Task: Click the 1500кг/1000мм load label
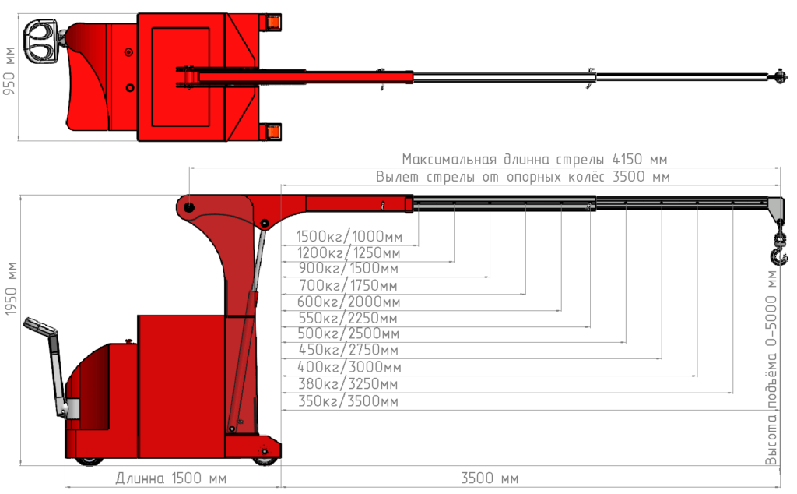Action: pyautogui.click(x=349, y=237)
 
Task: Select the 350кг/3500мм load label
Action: pyautogui.click(x=348, y=401)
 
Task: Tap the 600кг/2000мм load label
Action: pyautogui.click(x=349, y=302)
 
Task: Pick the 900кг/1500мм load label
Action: pyautogui.click(x=348, y=269)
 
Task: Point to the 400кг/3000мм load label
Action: pyautogui.click(x=349, y=367)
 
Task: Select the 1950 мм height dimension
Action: pyautogui.click(x=11, y=289)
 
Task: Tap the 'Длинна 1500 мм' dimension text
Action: pyautogui.click(x=170, y=478)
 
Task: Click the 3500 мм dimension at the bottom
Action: pyautogui.click(x=490, y=478)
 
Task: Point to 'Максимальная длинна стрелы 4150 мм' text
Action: pyautogui.click(x=535, y=159)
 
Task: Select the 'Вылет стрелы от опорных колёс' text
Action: pyautogui.click(x=490, y=177)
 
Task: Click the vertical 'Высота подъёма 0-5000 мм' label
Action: pyautogui.click(x=771, y=367)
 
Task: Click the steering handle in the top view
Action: pyautogui.click(x=41, y=42)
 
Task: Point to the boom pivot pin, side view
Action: pyautogui.click(x=188, y=207)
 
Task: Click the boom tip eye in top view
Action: pyautogui.click(x=780, y=77)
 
